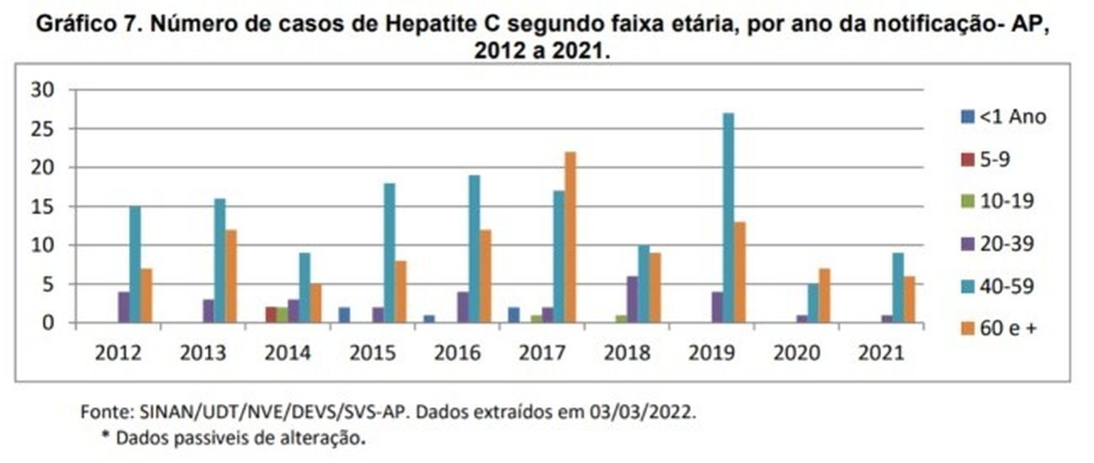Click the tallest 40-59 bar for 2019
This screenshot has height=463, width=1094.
click(x=729, y=218)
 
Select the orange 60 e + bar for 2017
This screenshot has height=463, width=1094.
click(x=571, y=237)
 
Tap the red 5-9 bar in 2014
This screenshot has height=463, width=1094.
click(x=271, y=315)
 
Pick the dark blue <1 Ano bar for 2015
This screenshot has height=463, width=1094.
click(x=343, y=315)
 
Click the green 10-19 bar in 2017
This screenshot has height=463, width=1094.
click(x=536, y=319)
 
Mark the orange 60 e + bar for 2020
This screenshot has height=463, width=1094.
click(x=825, y=295)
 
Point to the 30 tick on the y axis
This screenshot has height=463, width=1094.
click(x=43, y=90)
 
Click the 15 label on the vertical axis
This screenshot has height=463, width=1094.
click(x=43, y=206)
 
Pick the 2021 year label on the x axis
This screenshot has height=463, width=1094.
click(x=882, y=353)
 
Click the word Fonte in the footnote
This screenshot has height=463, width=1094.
click(x=99, y=413)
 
